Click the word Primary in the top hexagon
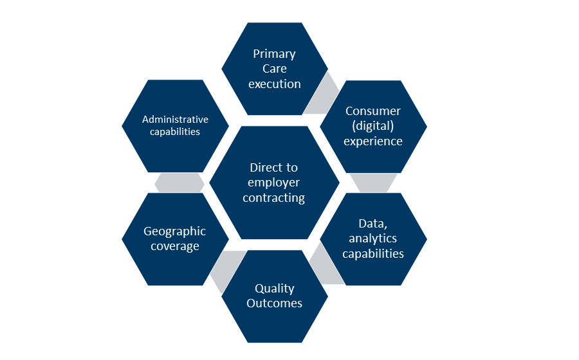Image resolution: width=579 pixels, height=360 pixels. (274, 54)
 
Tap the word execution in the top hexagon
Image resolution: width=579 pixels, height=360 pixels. (275, 84)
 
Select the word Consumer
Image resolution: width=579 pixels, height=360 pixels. (373, 111)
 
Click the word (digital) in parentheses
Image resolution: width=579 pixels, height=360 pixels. (373, 126)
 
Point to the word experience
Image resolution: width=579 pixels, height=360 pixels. (373, 141)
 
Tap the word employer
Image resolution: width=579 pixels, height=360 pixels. (274, 183)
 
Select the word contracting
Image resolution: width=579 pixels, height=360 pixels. (275, 198)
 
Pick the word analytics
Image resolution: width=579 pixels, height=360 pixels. (373, 239)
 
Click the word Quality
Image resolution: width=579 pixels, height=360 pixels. (275, 289)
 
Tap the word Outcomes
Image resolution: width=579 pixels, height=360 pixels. (275, 303)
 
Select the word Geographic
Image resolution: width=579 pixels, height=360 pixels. (174, 231)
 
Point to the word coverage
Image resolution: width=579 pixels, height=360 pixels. (174, 246)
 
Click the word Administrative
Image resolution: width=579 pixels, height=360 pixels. (175, 120)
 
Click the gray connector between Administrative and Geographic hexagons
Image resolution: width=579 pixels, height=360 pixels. (179, 183)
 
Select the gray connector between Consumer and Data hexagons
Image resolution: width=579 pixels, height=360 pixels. (372, 183)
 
